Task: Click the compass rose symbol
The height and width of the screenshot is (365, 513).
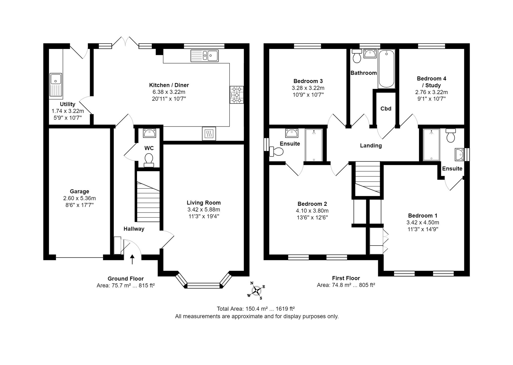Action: [x=256, y=290]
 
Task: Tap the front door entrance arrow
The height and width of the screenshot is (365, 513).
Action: [x=132, y=259]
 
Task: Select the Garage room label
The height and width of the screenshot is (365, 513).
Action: [x=80, y=191]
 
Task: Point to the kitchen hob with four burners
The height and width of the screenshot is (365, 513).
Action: [x=236, y=95]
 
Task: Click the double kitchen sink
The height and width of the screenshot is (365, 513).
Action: [x=205, y=56]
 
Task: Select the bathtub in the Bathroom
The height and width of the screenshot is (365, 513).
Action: [x=386, y=69]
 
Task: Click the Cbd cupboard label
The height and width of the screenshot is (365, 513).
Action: [x=386, y=108]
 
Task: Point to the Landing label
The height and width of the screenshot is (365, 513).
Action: [x=371, y=146]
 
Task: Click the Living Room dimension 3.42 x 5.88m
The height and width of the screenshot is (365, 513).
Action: [x=204, y=209]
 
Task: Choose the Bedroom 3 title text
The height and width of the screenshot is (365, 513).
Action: [x=308, y=81]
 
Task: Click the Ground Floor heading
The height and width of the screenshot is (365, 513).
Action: [x=126, y=279]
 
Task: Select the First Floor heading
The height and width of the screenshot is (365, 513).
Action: [x=346, y=278]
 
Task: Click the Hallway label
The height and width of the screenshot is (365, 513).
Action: [x=134, y=229]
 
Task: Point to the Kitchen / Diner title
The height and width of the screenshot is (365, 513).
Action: [x=169, y=85]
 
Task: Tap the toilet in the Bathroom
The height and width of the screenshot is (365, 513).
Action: [x=357, y=56]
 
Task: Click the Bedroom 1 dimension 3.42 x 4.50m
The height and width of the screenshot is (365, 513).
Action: [x=423, y=222]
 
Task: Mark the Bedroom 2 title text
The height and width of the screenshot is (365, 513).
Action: [x=312, y=204]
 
